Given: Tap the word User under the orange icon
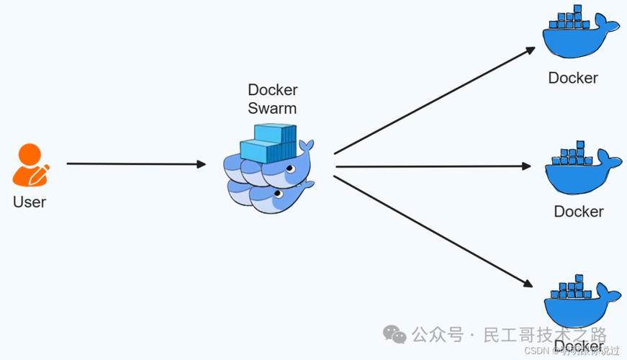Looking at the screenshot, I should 30,202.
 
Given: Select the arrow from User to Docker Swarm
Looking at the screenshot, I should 136,164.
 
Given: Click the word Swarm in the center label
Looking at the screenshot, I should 272,109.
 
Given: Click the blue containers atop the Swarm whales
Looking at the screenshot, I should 267,142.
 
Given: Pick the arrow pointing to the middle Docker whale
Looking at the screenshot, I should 433,166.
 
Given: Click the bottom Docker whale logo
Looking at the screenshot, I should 580,303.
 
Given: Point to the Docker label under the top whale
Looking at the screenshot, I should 573,78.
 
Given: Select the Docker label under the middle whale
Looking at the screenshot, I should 579,212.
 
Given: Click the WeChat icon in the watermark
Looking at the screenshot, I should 394,334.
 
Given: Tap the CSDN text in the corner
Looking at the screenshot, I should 536,351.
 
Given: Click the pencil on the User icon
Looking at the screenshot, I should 41,174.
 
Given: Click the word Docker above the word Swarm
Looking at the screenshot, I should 273,90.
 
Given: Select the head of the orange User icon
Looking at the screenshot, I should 29,154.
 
